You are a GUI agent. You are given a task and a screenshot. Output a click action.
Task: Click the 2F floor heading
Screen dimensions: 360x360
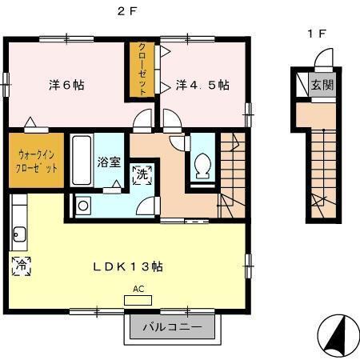pyautogui.click(x=129, y=11)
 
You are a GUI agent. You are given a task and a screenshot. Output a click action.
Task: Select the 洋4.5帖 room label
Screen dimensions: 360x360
pyautogui.click(x=203, y=84)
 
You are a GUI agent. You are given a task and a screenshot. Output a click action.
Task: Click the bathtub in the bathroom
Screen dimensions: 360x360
pyautogui.click(x=81, y=159)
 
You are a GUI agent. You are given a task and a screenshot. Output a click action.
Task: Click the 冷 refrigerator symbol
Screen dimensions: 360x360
pyautogui.click(x=21, y=266)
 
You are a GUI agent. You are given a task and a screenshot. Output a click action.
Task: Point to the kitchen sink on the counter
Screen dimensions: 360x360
pyautogui.click(x=19, y=235)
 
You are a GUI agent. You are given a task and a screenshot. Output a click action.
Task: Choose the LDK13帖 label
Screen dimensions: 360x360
pyautogui.click(x=133, y=266)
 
